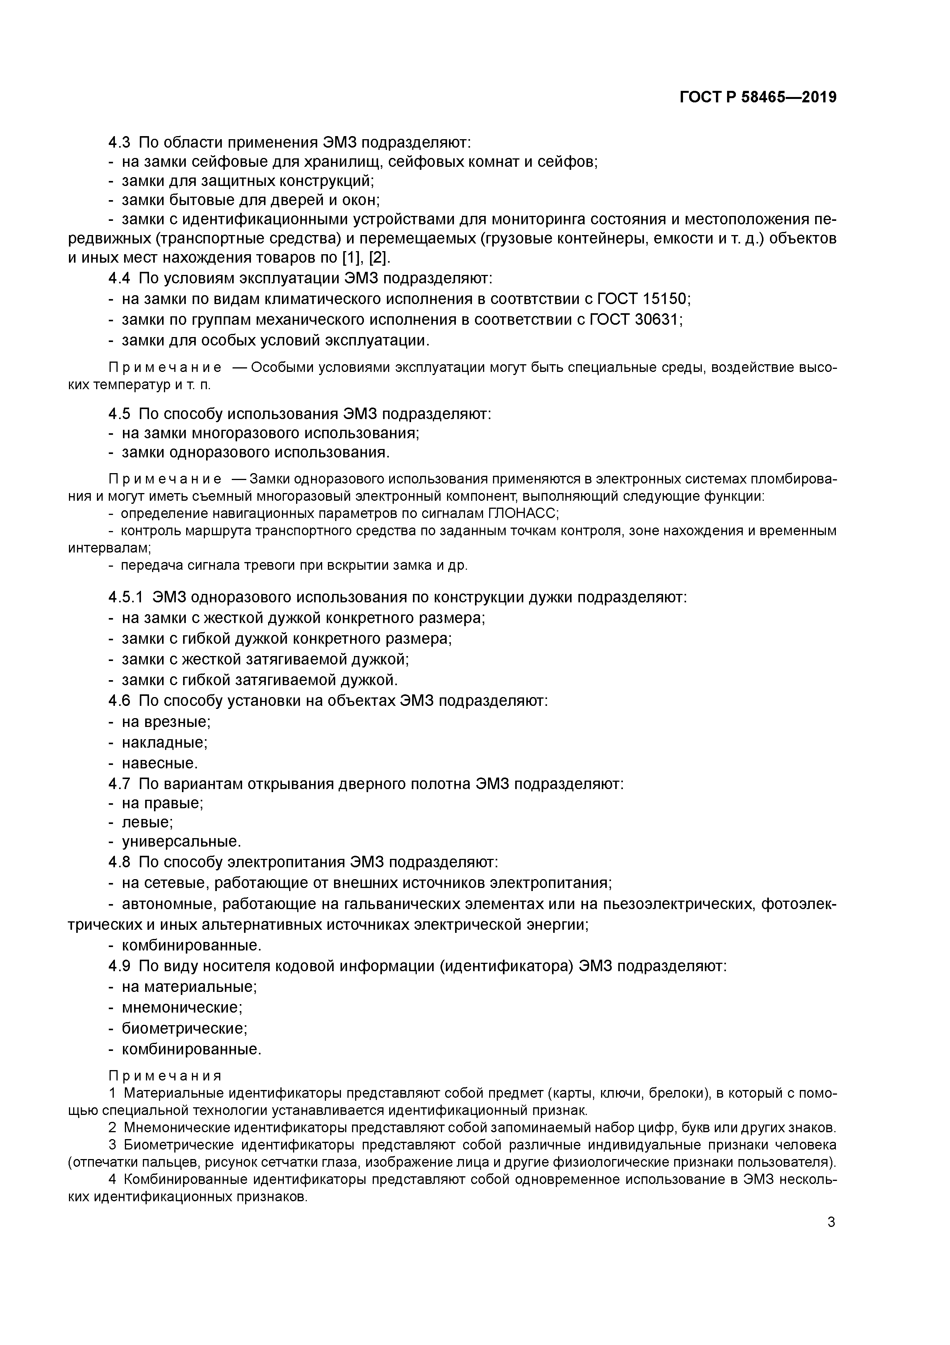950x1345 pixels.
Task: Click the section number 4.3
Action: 120,142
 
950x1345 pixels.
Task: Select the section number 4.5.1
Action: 125,597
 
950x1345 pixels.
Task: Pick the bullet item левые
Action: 147,822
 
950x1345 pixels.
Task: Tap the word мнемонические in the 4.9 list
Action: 182,1008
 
